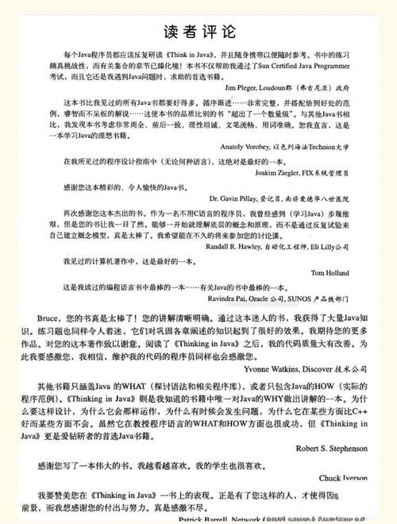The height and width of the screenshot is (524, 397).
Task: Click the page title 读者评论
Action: pyautogui.click(x=199, y=32)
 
